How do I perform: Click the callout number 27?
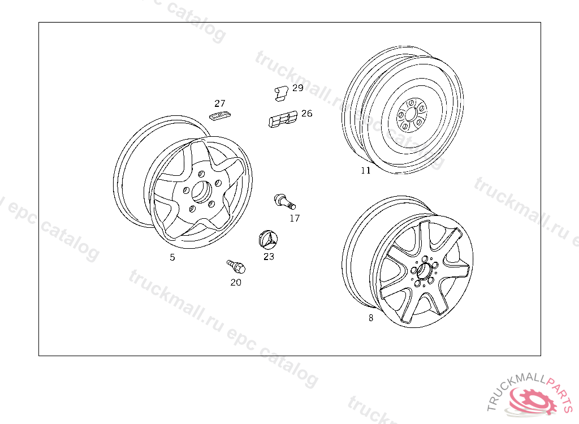click(x=220, y=103)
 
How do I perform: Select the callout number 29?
click(x=297, y=88)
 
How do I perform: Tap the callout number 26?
click(x=307, y=114)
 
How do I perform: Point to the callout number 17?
click(x=294, y=218)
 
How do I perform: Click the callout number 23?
click(x=269, y=256)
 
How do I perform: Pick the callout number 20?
click(x=236, y=282)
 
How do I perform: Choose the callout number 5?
click(x=172, y=257)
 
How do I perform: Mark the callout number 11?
click(x=366, y=170)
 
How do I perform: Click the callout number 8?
click(x=371, y=318)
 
